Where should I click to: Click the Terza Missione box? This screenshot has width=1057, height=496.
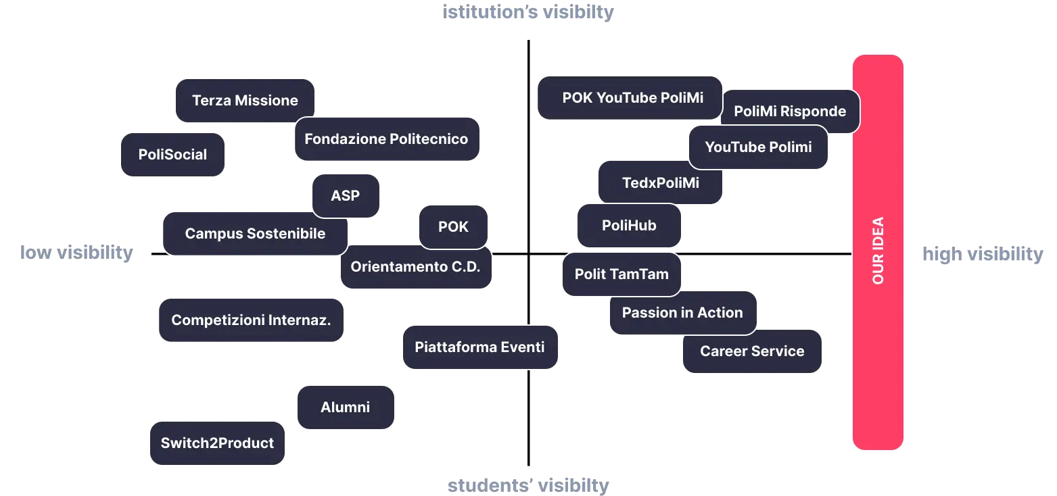pyautogui.click(x=245, y=101)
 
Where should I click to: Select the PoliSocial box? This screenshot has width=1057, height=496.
pyautogui.click(x=172, y=155)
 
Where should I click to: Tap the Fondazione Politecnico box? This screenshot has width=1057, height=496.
pyautogui.click(x=387, y=139)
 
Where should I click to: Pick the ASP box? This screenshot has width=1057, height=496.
pyautogui.click(x=346, y=196)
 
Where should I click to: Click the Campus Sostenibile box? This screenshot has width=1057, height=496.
pyautogui.click(x=255, y=233)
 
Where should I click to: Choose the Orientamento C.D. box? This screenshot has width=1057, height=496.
pyautogui.click(x=416, y=267)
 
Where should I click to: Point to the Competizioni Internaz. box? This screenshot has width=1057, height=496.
pyautogui.click(x=251, y=320)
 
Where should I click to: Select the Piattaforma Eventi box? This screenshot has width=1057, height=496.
pyautogui.click(x=480, y=347)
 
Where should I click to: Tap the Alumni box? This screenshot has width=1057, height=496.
pyautogui.click(x=346, y=407)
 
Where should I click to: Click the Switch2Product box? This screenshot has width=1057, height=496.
pyautogui.click(x=217, y=443)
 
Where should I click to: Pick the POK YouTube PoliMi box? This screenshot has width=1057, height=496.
pyautogui.click(x=630, y=97)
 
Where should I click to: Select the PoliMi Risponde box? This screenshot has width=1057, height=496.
pyautogui.click(x=790, y=111)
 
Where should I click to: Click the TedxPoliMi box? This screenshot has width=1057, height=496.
pyautogui.click(x=660, y=182)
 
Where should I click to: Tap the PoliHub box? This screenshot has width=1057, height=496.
pyautogui.click(x=629, y=226)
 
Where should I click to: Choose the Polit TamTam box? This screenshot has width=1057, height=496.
pyautogui.click(x=621, y=274)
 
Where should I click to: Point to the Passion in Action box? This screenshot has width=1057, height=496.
pyautogui.click(x=683, y=313)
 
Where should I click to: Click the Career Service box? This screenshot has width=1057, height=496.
pyautogui.click(x=752, y=351)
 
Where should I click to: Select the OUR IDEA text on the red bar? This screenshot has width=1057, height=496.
pyautogui.click(x=878, y=250)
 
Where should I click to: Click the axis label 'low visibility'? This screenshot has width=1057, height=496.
pyautogui.click(x=76, y=253)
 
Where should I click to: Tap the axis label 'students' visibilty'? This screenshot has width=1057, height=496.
pyautogui.click(x=528, y=485)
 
